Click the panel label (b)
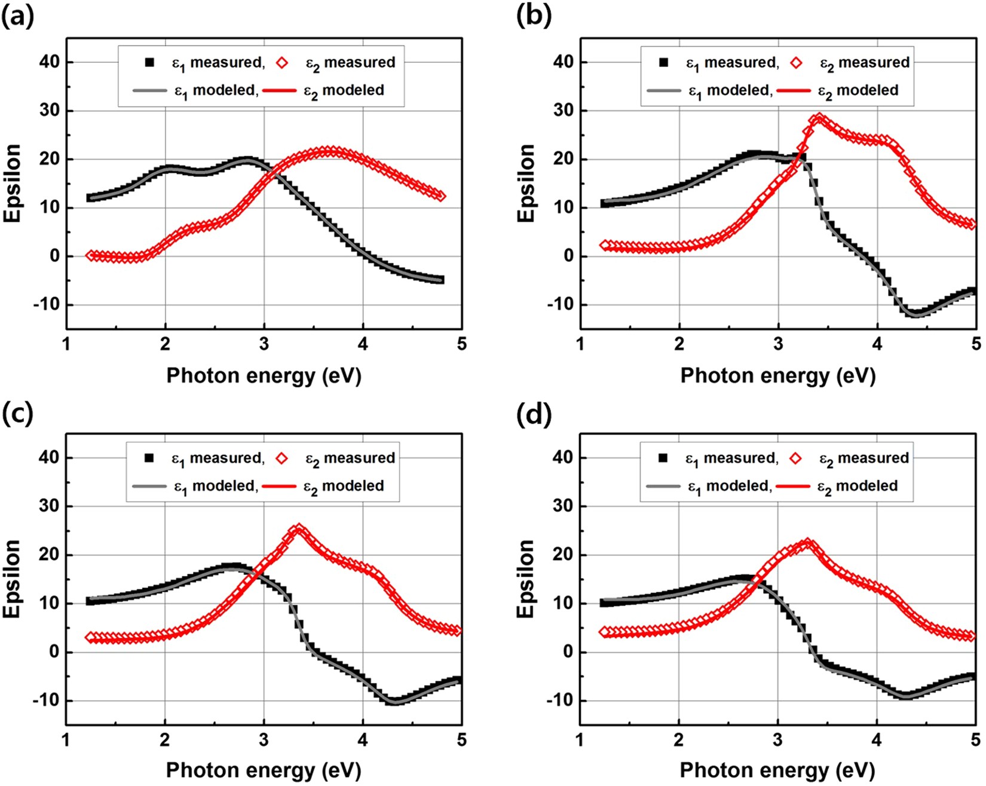point(534,16)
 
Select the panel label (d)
point(534,413)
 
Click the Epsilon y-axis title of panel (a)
point(13,183)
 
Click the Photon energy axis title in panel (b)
point(777,376)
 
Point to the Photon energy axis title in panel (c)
point(264,770)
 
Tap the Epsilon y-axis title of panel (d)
point(526,579)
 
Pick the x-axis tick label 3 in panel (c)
point(264,740)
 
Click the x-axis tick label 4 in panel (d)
point(877,740)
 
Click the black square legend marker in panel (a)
point(149,62)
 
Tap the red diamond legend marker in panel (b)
point(796,62)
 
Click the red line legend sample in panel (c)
point(280,486)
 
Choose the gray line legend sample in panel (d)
point(663,486)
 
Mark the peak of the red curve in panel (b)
point(819,118)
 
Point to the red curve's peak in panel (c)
point(299,530)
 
